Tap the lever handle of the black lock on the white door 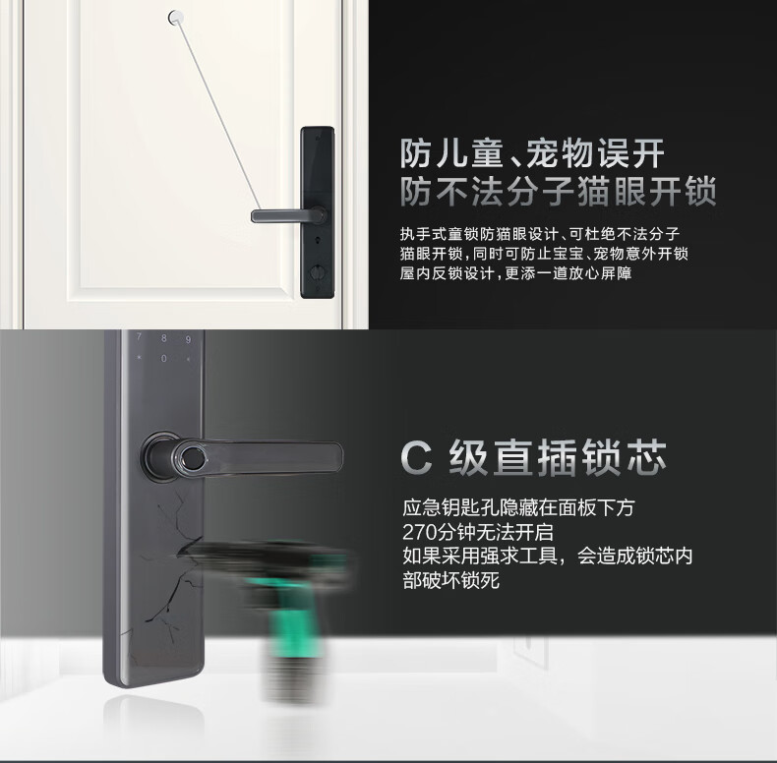click(286, 216)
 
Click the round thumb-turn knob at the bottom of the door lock click(316, 272)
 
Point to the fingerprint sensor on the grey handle click(191, 457)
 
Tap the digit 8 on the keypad click(163, 338)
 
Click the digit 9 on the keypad click(188, 339)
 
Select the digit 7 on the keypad click(140, 337)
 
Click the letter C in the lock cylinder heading click(416, 458)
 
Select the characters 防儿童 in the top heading click(451, 153)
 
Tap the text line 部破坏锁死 click(450, 580)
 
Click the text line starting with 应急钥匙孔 click(518, 507)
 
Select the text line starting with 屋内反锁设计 click(515, 273)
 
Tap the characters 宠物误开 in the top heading click(595, 153)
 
